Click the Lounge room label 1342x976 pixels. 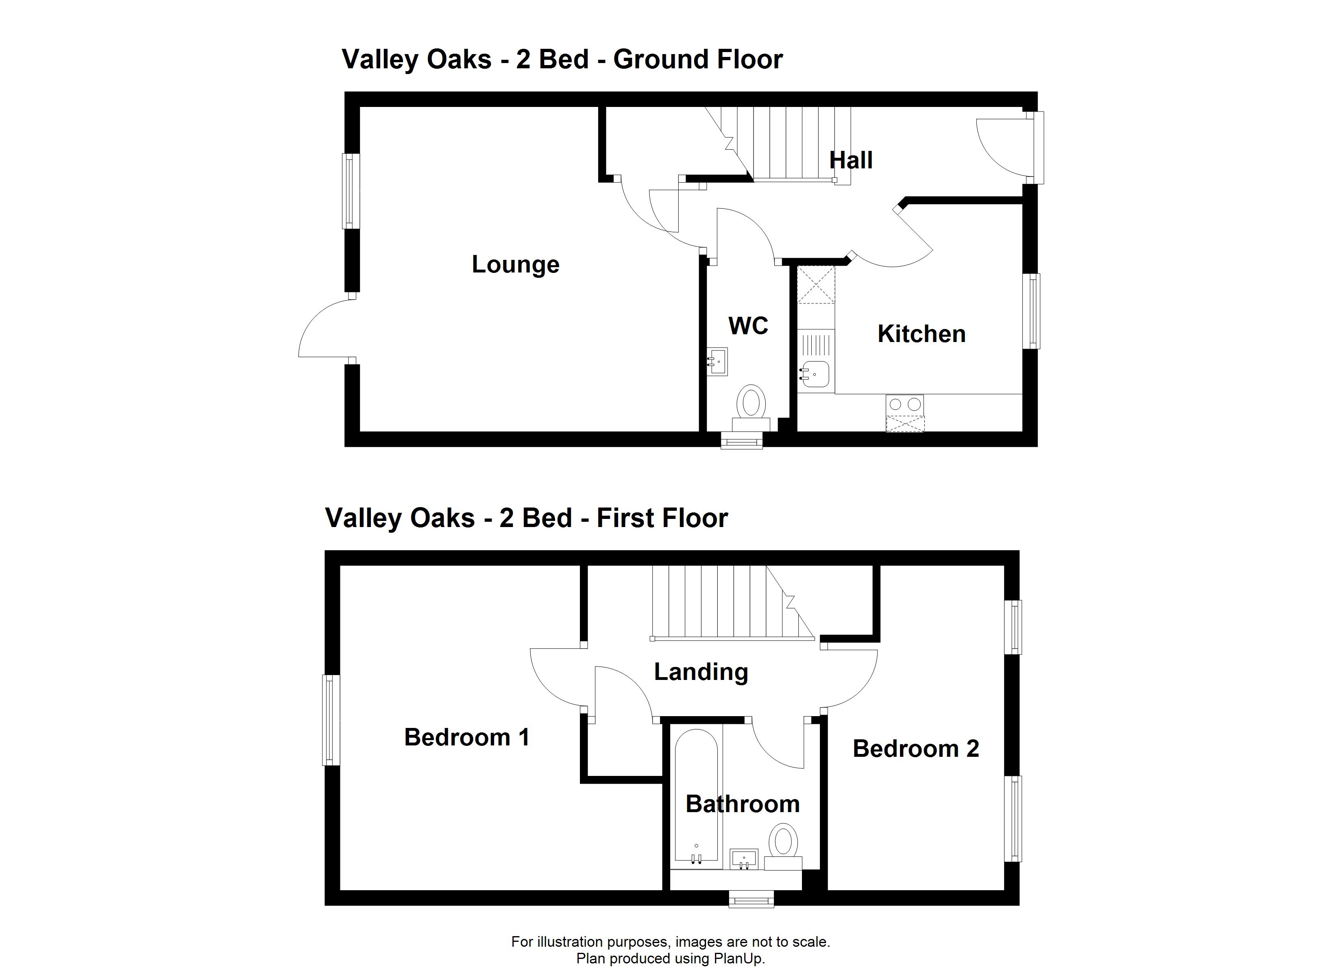coord(515,265)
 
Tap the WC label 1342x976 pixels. coord(749,325)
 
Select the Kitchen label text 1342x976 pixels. coord(921,334)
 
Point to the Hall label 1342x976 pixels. coord(851,160)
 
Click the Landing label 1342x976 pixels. coord(701,672)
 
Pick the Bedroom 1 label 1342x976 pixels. coord(466,737)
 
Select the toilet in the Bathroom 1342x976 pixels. coord(783,846)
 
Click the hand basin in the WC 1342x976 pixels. coord(717,362)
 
